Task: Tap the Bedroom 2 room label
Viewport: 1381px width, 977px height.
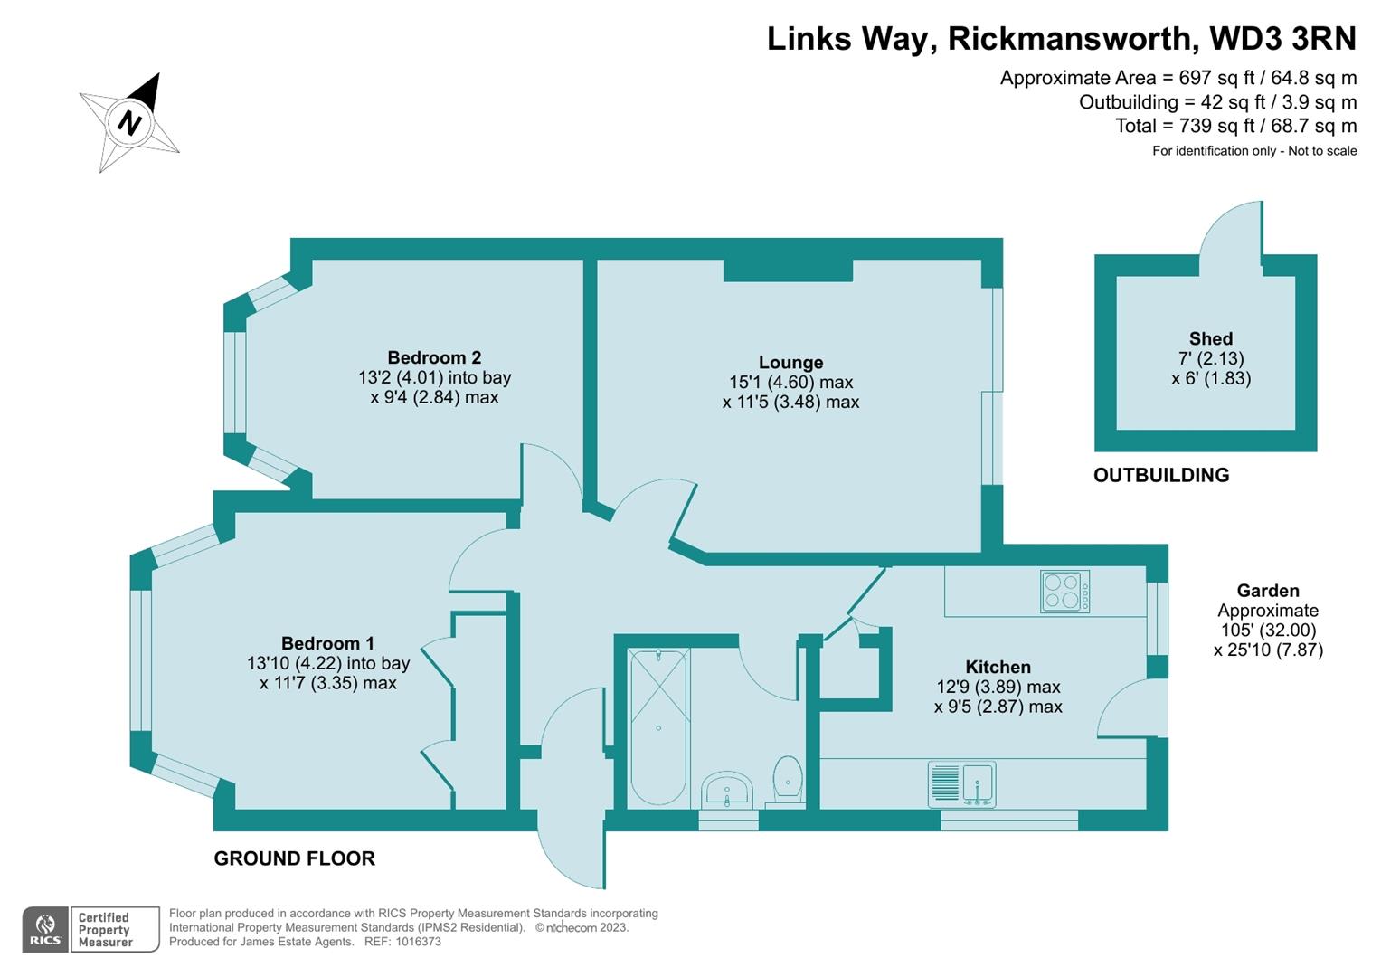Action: click(x=434, y=357)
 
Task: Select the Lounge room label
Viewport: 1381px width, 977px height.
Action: click(x=790, y=363)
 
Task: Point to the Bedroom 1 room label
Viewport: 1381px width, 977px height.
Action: click(x=327, y=643)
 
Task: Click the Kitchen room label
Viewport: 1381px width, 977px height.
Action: click(x=998, y=667)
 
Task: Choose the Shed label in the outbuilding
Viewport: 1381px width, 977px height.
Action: click(x=1210, y=338)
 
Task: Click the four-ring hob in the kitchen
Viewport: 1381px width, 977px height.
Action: click(x=1064, y=592)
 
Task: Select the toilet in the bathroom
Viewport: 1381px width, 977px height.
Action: click(x=788, y=779)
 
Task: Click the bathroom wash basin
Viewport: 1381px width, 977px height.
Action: click(x=726, y=790)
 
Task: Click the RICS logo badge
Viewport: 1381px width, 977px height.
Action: click(x=44, y=929)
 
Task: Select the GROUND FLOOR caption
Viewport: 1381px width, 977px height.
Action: click(x=294, y=858)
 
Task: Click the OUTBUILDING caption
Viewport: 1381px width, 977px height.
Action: click(x=1161, y=475)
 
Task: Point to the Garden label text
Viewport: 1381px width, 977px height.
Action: click(x=1268, y=591)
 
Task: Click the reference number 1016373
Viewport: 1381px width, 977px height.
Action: click(x=415, y=942)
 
